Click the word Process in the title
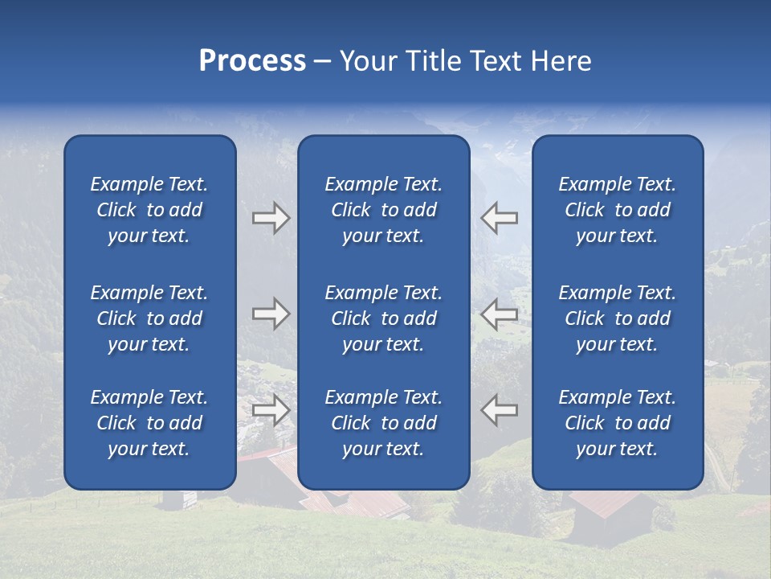(252, 61)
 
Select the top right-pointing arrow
(271, 218)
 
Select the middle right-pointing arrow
(271, 314)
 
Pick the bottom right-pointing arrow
(271, 410)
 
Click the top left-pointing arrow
(500, 218)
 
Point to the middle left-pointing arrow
(500, 314)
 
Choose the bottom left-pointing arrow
(500, 410)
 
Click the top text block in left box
(149, 210)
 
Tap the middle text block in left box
(149, 318)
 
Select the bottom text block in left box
(149, 423)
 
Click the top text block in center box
(384, 210)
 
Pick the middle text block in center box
(384, 318)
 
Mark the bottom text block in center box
(384, 423)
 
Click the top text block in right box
(618, 210)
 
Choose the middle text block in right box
(618, 318)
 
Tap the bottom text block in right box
(618, 423)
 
